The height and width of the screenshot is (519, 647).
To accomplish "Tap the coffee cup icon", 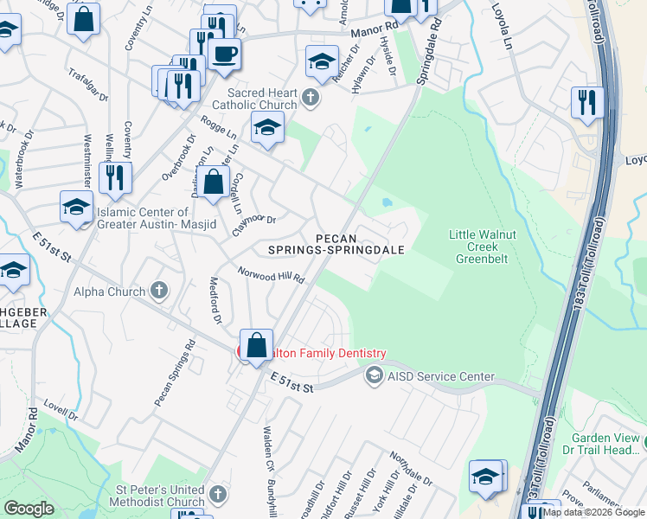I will [x=225, y=54].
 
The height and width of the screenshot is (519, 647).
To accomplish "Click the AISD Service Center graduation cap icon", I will [x=374, y=375].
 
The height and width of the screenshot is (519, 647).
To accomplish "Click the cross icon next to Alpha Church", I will [x=159, y=292].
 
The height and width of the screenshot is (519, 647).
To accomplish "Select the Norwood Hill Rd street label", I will [x=272, y=274].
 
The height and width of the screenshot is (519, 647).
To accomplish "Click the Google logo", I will [x=29, y=509].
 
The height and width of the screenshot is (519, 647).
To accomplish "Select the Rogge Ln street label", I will [x=219, y=129].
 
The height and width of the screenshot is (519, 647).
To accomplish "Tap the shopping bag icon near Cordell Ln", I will [x=213, y=183].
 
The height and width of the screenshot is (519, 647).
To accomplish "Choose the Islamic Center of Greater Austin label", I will [x=143, y=218].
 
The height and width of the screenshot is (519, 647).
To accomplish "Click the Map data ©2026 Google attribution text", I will [x=593, y=512].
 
